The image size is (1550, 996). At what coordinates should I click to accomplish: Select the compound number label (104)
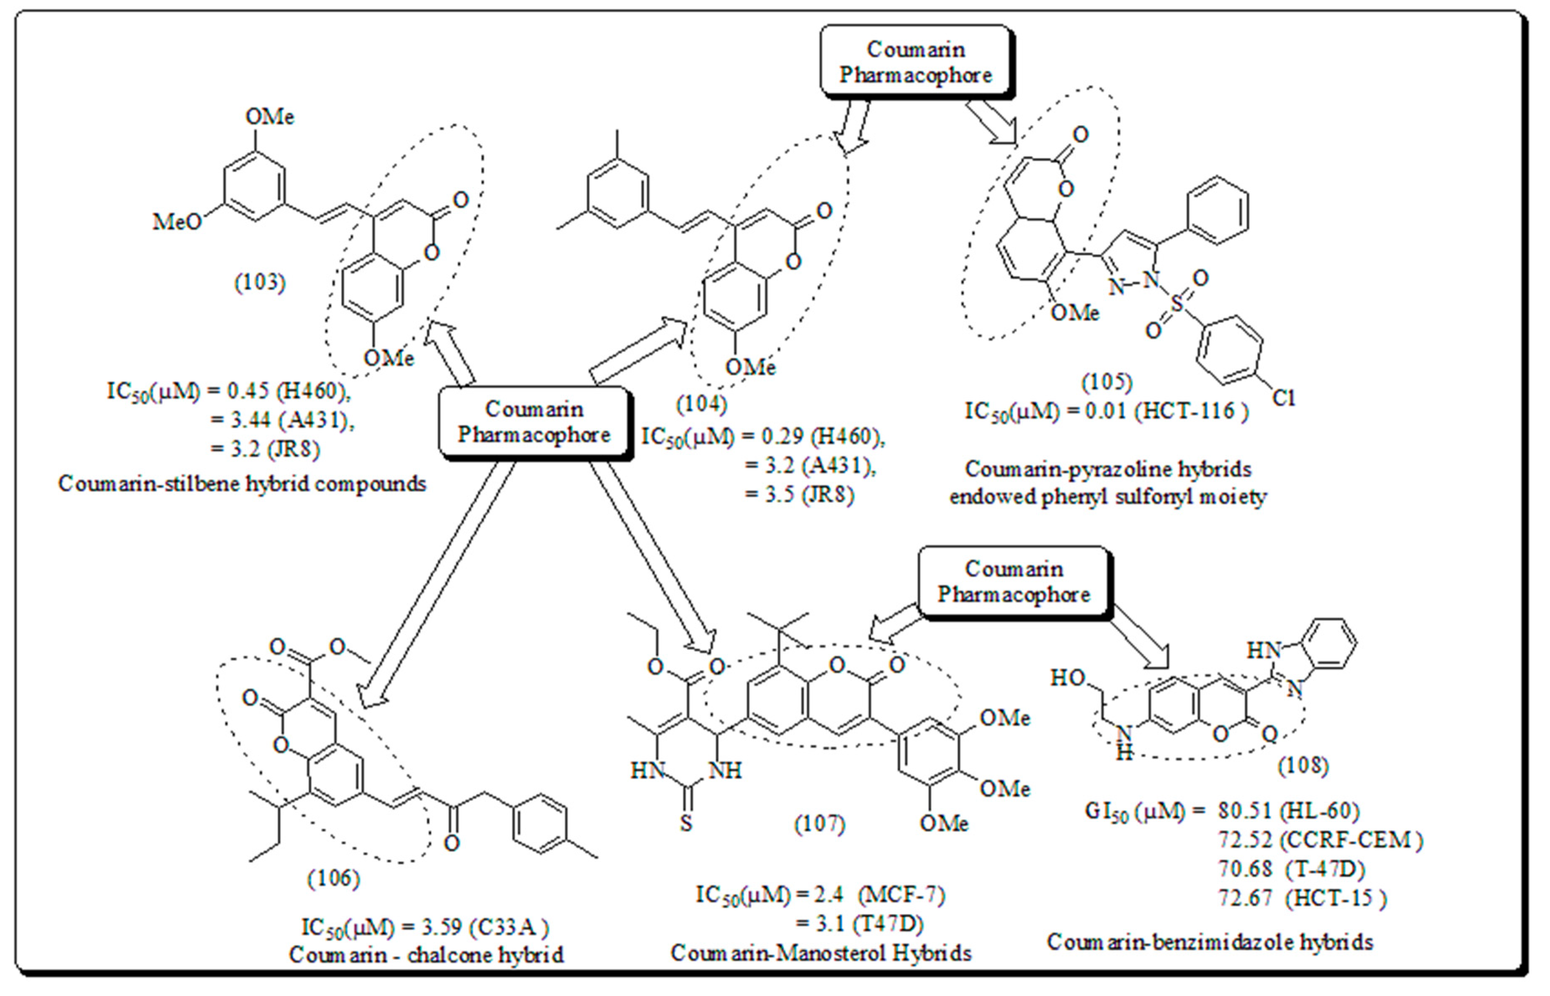(x=702, y=404)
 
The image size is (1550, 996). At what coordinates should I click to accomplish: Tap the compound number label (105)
(x=1107, y=382)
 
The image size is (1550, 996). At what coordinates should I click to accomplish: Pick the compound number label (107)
(x=820, y=824)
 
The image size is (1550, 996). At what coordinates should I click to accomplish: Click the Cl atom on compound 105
(x=1284, y=397)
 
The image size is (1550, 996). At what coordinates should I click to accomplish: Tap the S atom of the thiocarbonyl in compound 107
(x=686, y=824)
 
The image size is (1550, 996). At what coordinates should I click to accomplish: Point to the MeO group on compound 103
(x=177, y=222)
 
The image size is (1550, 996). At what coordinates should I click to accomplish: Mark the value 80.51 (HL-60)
(x=1289, y=811)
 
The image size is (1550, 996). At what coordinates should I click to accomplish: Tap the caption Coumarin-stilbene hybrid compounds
(x=242, y=484)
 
